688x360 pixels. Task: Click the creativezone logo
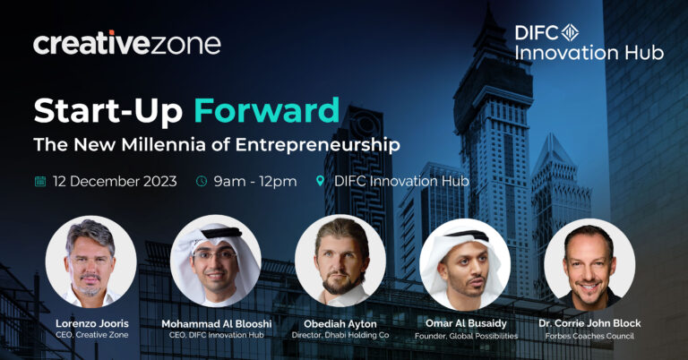click(x=127, y=43)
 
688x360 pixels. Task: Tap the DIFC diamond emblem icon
click(x=570, y=32)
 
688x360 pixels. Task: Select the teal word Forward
click(x=267, y=110)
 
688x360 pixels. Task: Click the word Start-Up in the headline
click(x=107, y=111)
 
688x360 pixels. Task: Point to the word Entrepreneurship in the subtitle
click(x=318, y=145)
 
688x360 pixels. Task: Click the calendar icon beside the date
click(x=40, y=181)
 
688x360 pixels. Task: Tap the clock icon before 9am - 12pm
click(x=202, y=181)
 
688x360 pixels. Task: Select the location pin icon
click(x=321, y=181)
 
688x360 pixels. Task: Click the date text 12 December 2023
click(x=115, y=181)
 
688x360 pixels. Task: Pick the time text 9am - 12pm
click(x=255, y=182)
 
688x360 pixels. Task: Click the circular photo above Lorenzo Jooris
click(x=90, y=261)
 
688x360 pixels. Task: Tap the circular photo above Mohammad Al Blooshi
click(x=216, y=261)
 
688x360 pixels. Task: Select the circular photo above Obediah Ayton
click(x=340, y=261)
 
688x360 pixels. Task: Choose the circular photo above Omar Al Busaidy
click(x=465, y=263)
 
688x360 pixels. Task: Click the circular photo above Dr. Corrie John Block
click(x=589, y=263)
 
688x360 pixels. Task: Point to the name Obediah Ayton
click(x=340, y=324)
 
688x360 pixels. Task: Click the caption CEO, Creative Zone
click(x=92, y=335)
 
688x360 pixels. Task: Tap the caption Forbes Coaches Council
click(x=589, y=337)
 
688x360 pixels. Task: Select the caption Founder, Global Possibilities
click(x=467, y=336)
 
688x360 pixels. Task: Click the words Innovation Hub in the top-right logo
click(x=589, y=53)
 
